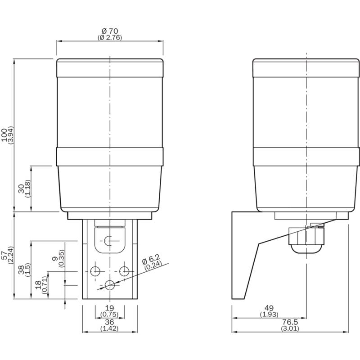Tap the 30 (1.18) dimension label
(x=24, y=189)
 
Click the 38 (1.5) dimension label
(x=24, y=270)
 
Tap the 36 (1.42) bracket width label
(x=109, y=325)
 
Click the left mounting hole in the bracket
(x=95, y=271)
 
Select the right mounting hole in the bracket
(x=124, y=271)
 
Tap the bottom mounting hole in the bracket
(x=110, y=284)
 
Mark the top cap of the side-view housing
(x=306, y=67)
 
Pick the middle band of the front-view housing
(x=110, y=156)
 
